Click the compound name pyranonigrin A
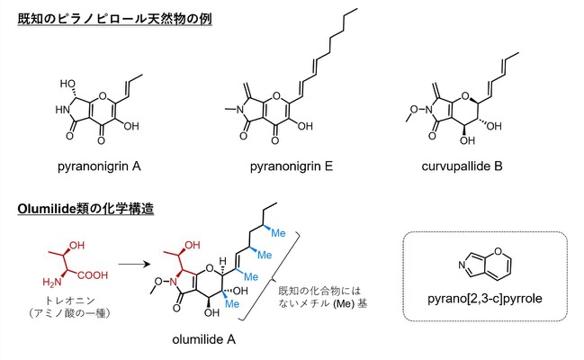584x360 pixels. point(99,166)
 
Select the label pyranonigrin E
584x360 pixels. point(292,166)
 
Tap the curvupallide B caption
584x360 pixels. point(462,166)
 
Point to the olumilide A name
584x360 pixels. point(203,339)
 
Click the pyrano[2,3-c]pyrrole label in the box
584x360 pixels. point(484,299)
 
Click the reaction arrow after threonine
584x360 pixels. point(134,265)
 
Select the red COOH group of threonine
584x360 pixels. point(93,275)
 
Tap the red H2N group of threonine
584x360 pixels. point(52,283)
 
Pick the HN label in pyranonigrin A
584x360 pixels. point(62,110)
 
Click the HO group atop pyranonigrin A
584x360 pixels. point(67,84)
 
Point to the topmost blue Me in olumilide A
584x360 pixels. point(278,233)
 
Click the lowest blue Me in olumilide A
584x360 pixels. point(231,303)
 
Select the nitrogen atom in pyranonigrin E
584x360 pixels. point(239,110)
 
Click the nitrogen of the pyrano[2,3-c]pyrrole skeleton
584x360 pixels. point(462,265)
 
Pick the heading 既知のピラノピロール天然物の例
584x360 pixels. point(114,19)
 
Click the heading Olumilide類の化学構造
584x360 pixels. point(85,209)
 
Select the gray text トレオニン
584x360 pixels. point(70,301)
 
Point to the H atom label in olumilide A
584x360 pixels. point(223,261)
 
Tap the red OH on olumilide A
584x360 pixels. point(193,245)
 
